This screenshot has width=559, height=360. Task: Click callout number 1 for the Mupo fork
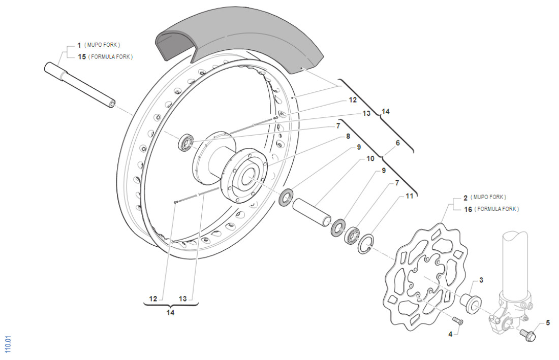coord(79,45)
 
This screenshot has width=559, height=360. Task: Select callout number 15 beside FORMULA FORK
coord(80,56)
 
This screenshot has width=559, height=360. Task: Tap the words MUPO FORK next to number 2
coord(488,197)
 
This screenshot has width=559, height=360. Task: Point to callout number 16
coord(467,209)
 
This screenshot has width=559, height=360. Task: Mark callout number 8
coord(348,136)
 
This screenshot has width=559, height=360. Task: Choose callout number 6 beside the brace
coord(398,143)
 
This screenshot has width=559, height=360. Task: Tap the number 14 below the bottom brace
coord(170,313)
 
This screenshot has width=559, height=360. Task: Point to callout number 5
coord(548,322)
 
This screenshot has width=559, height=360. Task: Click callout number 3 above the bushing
coord(481,280)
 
